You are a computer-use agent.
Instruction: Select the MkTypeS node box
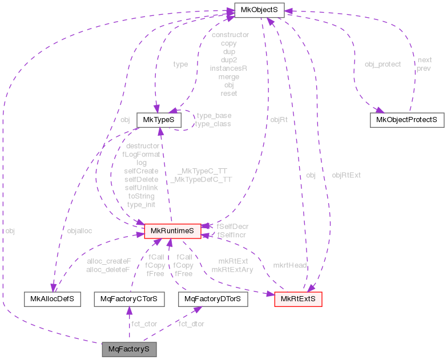pos(159,120)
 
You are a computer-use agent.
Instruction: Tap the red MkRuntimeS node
pos(173,231)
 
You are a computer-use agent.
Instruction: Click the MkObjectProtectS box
pos(407,120)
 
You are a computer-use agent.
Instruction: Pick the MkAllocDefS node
pos(53,298)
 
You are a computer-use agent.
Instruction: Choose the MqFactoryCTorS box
pos(129,298)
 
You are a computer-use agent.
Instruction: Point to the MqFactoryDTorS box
pos(213,298)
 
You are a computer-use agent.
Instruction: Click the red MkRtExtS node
pos(299,298)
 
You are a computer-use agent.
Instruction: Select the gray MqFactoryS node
pos(129,347)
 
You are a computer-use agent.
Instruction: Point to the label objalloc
pos(79,230)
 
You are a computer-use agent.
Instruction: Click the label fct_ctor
pos(144,323)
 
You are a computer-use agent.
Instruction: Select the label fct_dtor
pos(191,323)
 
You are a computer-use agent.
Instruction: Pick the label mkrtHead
pos(289,265)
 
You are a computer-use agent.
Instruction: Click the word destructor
pos(142,145)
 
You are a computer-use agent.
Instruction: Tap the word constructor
pos(229,35)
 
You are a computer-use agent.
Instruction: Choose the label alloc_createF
pos(108,261)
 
